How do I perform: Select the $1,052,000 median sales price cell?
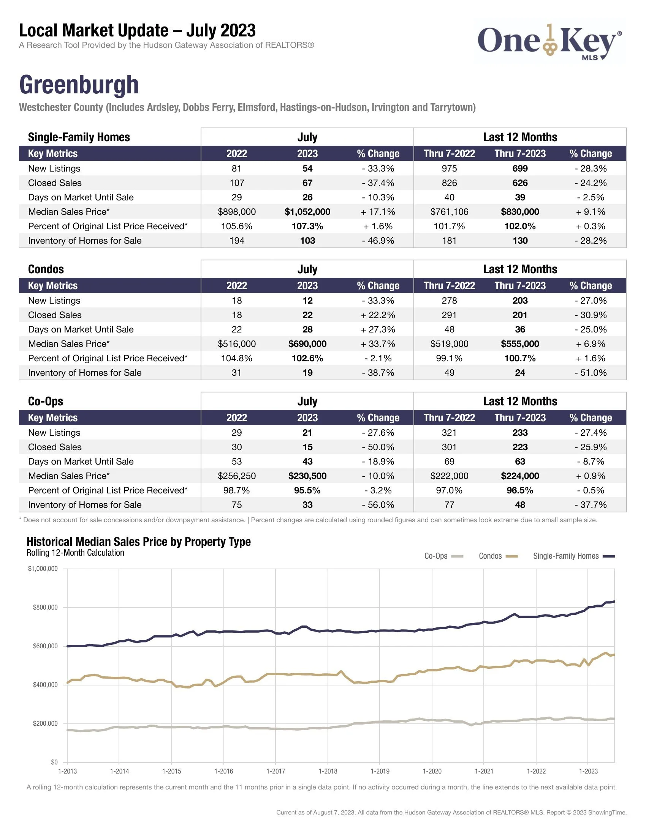307,212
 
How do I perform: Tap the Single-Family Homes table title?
79,137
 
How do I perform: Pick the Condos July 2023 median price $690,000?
307,344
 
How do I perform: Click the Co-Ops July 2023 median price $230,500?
307,476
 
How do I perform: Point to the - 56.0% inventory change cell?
378,505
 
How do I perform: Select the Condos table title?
46,269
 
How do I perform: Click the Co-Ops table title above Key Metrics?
46,402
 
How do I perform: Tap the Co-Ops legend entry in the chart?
443,556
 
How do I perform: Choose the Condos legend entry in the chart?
498,556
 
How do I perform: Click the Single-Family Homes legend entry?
573,556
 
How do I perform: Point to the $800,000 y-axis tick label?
45,608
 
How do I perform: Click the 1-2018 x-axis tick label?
328,771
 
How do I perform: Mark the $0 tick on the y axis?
54,762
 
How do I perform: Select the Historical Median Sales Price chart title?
139,542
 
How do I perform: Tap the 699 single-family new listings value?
520,169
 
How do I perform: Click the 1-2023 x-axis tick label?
588,771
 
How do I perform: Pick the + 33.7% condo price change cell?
378,344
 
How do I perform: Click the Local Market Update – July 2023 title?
138,31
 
